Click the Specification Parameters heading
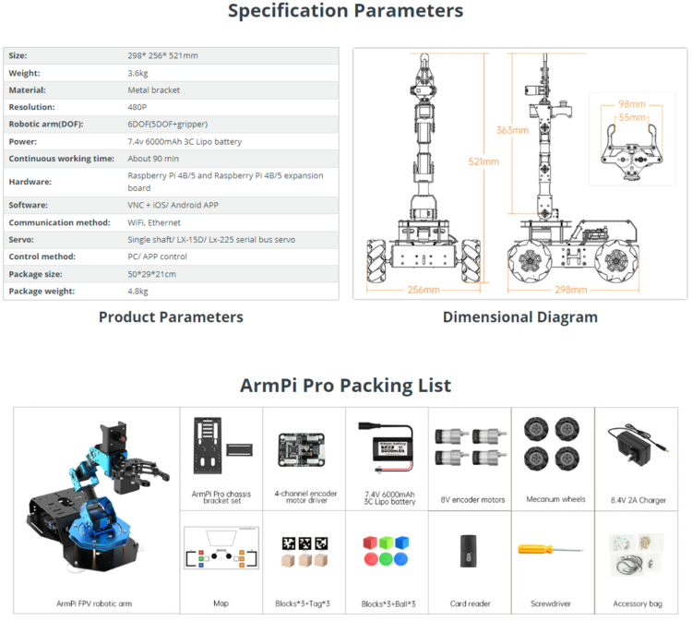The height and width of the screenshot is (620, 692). tap(345, 12)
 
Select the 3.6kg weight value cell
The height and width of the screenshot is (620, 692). tap(141, 73)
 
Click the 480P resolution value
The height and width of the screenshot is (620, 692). tap(138, 107)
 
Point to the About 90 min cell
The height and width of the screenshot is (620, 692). tap(152, 159)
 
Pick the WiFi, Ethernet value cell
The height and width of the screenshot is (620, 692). tap(153, 222)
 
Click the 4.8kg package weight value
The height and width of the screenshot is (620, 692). tap(137, 292)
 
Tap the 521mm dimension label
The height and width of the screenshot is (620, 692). tap(483, 161)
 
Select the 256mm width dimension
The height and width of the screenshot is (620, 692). tap(424, 290)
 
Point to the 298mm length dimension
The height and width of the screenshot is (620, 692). tap(572, 290)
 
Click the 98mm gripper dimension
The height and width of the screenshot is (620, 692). tap(632, 104)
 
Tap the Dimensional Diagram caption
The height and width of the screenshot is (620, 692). tap(519, 317)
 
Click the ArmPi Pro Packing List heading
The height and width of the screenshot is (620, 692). tap(345, 385)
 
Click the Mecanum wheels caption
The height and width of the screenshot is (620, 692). tap(555, 499)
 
